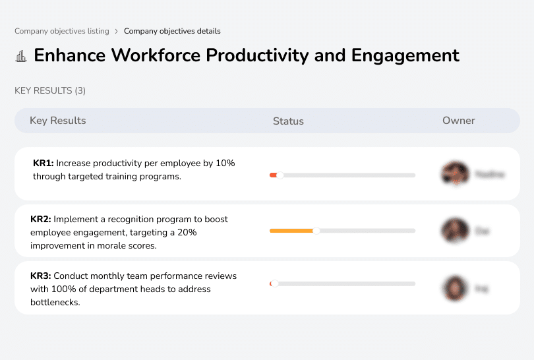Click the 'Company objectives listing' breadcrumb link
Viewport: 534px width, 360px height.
[61, 31]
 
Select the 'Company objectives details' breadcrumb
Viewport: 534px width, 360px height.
[172, 31]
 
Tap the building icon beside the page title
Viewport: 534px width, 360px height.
[21, 56]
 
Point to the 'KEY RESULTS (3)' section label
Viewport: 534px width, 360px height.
[50, 90]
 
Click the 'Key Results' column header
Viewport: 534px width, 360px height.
[58, 121]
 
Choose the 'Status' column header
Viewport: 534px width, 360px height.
[288, 121]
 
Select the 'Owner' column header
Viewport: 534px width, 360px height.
[459, 121]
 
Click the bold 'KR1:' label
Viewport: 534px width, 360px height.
[44, 163]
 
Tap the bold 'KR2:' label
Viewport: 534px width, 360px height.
[41, 219]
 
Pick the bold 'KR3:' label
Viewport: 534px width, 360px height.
[41, 276]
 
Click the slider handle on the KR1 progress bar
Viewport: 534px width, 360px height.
[280, 175]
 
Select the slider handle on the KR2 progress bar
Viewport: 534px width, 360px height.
[316, 231]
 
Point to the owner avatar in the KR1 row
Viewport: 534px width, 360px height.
[455, 174]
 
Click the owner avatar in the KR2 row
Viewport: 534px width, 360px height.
[455, 231]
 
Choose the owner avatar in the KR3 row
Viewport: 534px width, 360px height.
[455, 288]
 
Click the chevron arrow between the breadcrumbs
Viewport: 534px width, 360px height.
[116, 31]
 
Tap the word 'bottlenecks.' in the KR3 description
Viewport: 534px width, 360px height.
[55, 302]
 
